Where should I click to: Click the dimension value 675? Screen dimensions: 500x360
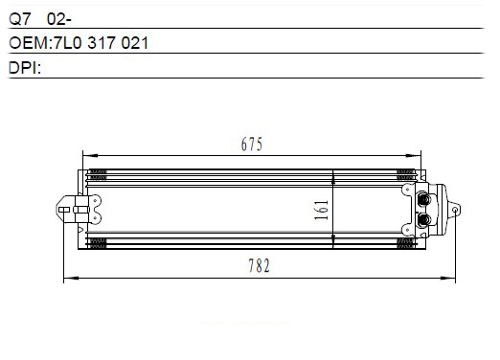252,144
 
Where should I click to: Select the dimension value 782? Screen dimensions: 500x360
259,266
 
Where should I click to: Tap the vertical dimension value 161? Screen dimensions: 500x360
322,210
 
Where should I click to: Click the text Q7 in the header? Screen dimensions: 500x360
20,19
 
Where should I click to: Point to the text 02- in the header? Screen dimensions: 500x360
59,19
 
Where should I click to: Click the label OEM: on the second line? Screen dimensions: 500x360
31,43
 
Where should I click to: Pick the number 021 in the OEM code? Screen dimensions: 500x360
135,43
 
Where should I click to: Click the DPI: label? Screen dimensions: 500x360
25,68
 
